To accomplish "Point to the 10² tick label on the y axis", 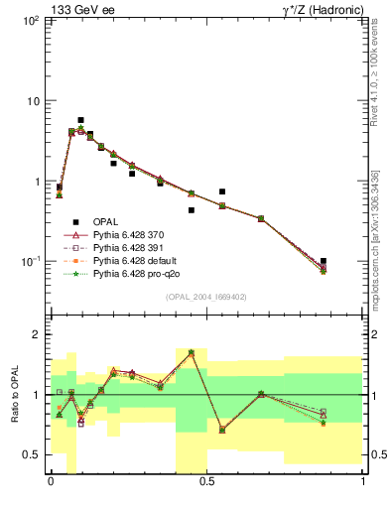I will click(29, 21).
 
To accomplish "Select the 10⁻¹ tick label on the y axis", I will click(29, 261).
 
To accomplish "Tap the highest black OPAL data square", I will click(80, 120).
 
